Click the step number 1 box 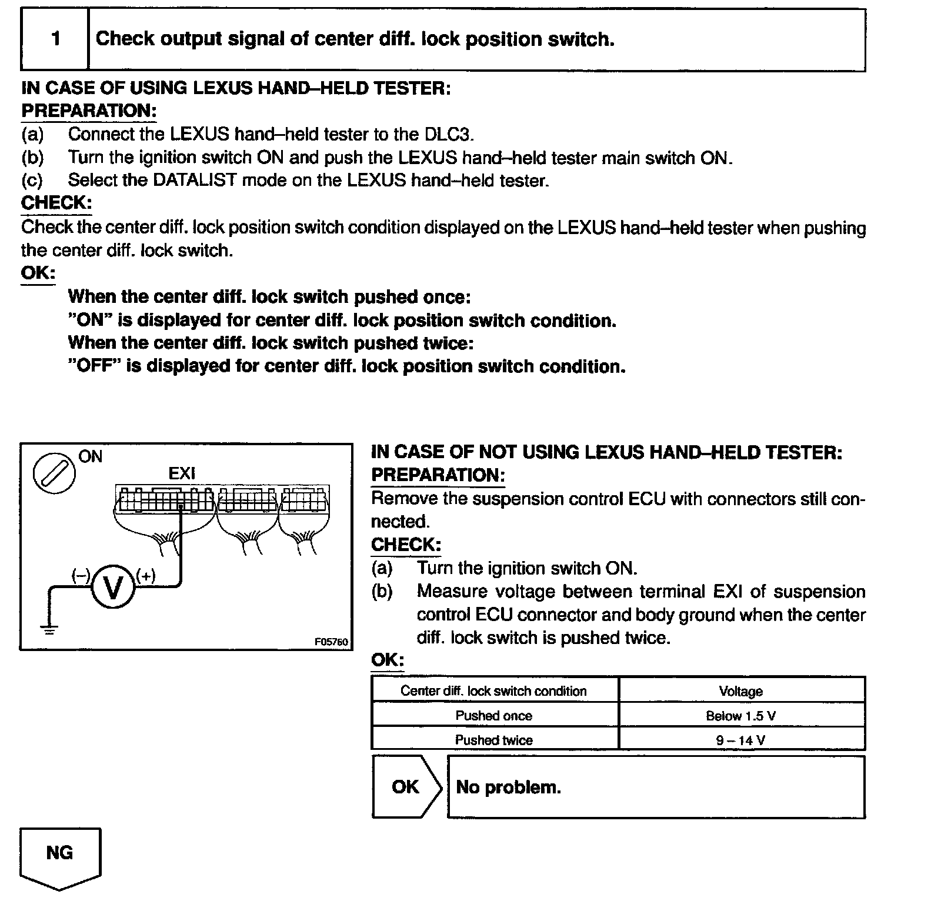pos(55,39)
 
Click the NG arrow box pos(60,856)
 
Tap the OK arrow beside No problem pos(406,787)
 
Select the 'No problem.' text pos(509,787)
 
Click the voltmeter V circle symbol pos(113,586)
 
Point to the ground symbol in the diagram pos(49,630)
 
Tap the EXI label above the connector pos(182,473)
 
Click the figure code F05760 pos(332,642)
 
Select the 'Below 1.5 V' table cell pos(741,716)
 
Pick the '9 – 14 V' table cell pos(741,740)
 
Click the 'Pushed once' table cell pos(494,716)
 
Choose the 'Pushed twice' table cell pos(494,740)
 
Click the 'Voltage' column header pos(741,691)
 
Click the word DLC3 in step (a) pos(448,134)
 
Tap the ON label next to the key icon pos(90,456)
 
